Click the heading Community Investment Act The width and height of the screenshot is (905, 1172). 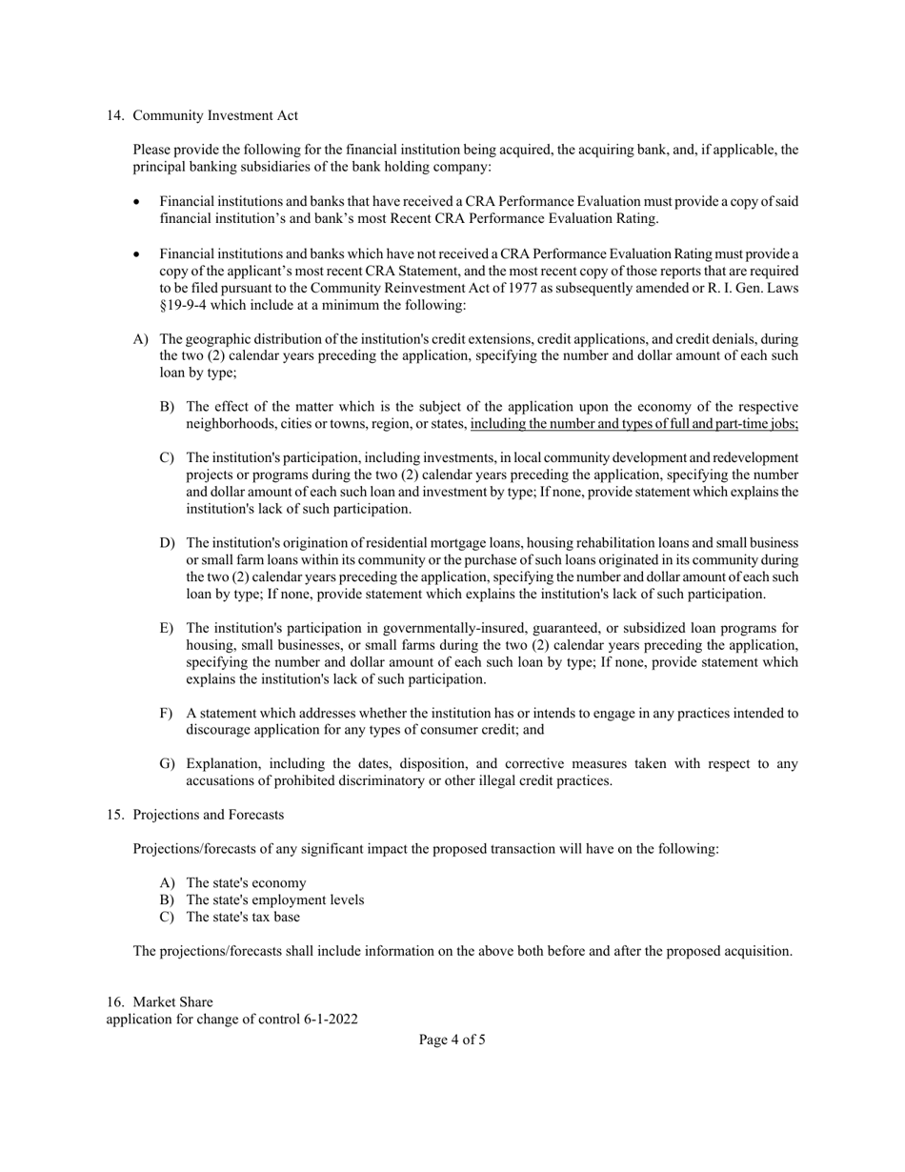[215, 115]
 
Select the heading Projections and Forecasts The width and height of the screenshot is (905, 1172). [208, 815]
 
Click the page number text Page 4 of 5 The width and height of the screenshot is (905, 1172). [452, 1040]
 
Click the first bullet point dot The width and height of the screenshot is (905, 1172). [137, 202]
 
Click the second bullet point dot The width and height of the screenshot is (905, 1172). [137, 254]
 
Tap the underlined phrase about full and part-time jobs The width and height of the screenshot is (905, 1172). [634, 424]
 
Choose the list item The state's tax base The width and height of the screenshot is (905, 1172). [243, 917]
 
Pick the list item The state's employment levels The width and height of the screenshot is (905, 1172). [274, 899]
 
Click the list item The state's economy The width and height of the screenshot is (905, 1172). [246, 882]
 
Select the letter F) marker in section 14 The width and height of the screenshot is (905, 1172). [167, 713]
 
